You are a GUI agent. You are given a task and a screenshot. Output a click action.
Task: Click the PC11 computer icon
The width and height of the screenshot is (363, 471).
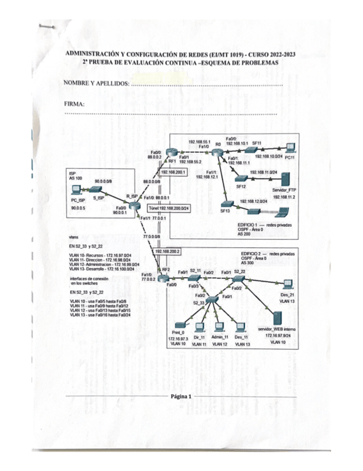tap(290, 148)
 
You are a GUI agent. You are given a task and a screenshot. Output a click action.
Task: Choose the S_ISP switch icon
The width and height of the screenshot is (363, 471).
tap(100, 190)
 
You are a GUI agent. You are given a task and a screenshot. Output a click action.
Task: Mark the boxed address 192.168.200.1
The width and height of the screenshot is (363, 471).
tap(172, 173)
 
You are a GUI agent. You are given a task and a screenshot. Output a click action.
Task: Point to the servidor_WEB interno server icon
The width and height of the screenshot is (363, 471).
tap(276, 318)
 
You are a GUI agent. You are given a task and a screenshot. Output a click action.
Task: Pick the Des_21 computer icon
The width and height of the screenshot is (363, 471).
tap(288, 283)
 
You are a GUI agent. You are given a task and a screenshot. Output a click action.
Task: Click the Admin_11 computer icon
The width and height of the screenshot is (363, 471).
tap(220, 327)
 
